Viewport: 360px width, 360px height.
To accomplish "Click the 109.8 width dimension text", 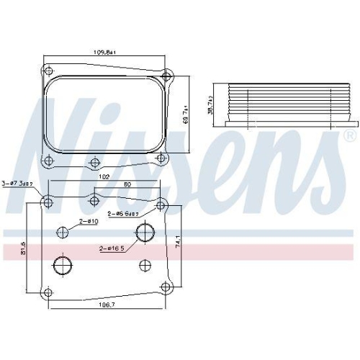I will click(x=107, y=52).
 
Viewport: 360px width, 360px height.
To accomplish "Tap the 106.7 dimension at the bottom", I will click(x=107, y=306).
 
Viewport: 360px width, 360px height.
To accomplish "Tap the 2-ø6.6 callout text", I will click(x=124, y=213).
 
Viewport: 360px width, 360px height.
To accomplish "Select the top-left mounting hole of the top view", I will click(x=48, y=70).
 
